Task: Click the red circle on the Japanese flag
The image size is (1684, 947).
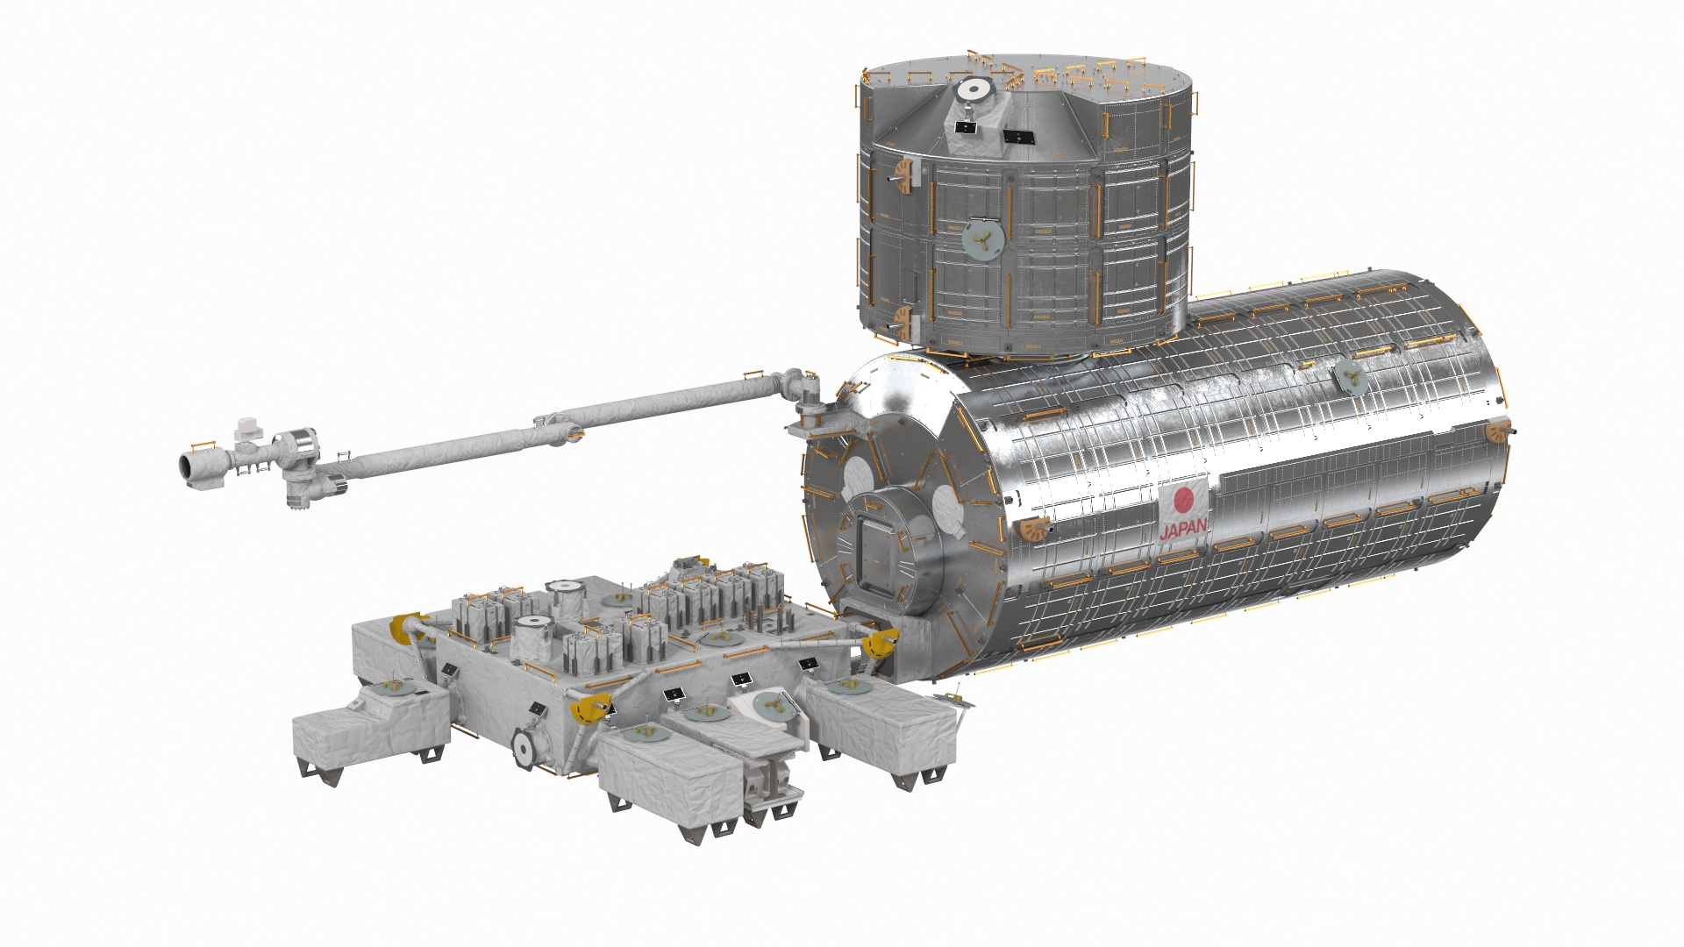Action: pos(1184,501)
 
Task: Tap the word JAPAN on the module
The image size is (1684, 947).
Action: pos(1183,529)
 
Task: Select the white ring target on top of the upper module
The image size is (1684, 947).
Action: pos(971,89)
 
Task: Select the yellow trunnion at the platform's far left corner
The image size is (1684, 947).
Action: pos(405,628)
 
